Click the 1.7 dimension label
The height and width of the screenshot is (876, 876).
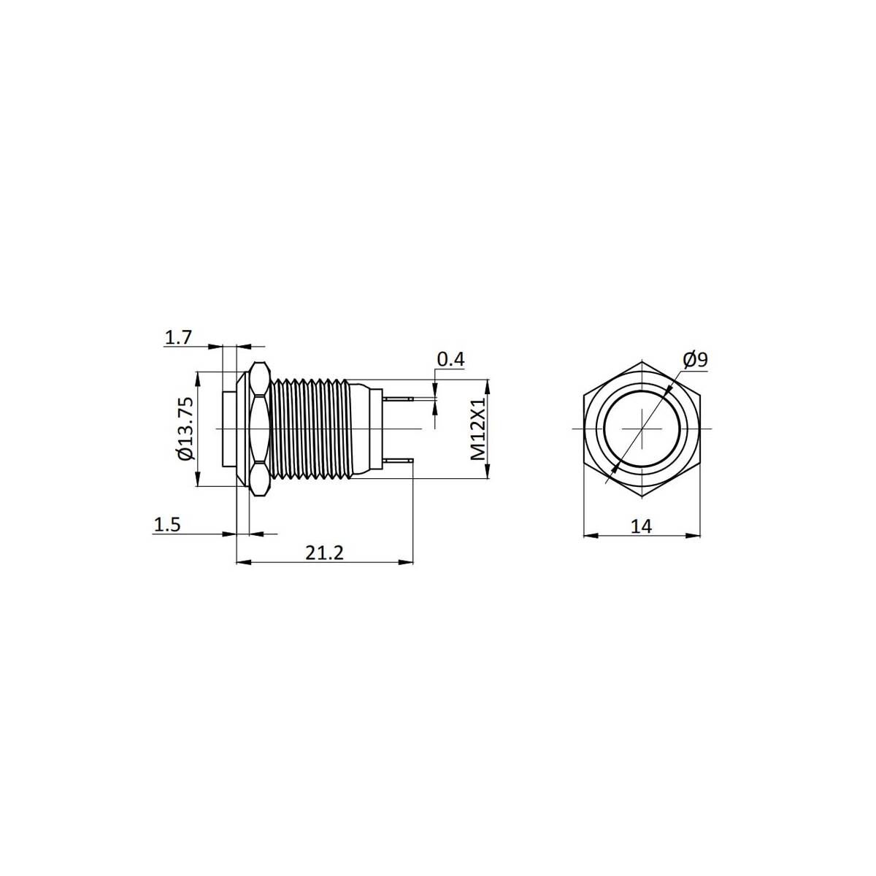178,338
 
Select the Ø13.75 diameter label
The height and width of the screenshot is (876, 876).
186,429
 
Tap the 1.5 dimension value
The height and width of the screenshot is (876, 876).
167,525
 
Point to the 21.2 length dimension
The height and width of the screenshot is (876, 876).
324,553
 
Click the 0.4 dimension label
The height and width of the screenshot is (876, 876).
450,359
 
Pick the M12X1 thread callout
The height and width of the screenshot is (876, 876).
477,429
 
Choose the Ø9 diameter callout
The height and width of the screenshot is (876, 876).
695,360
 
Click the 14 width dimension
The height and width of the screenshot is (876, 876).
642,526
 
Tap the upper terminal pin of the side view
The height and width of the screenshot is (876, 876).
399,399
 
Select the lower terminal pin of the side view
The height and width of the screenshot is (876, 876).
399,461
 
